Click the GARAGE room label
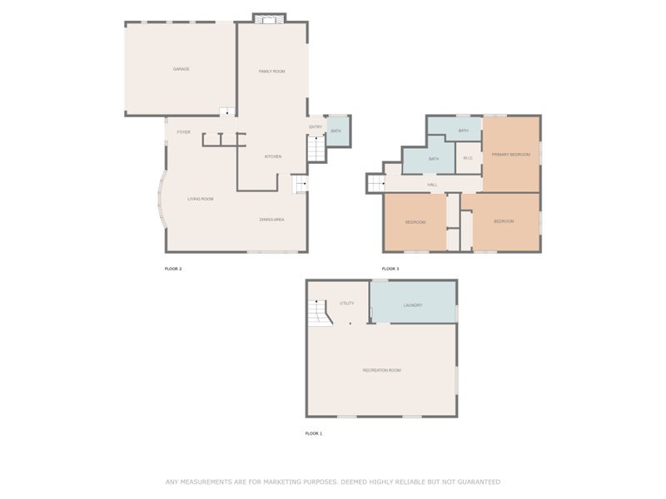click(181, 69)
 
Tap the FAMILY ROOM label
click(272, 72)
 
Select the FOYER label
click(183, 132)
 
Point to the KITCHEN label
click(273, 156)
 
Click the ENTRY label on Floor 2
click(316, 127)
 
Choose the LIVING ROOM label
click(201, 199)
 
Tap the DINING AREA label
click(272, 220)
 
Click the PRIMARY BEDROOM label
click(510, 155)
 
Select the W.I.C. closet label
click(468, 158)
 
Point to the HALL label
click(432, 185)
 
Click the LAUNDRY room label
click(414, 305)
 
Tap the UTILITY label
click(347, 304)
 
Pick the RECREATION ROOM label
click(381, 370)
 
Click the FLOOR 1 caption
click(314, 433)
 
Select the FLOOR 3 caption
click(390, 269)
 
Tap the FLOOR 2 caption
click(173, 269)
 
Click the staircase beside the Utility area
click(318, 313)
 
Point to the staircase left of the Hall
click(375, 183)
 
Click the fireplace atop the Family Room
click(269, 17)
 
